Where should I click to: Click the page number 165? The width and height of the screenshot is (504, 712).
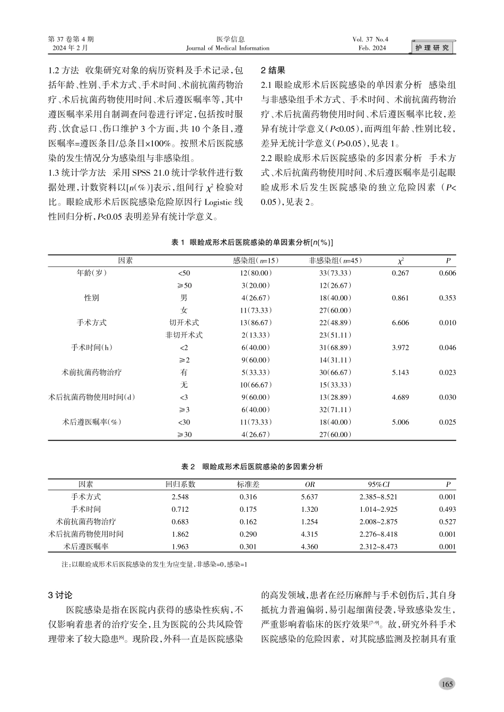coord(447,684)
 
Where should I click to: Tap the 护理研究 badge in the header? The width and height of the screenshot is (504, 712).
coord(432,48)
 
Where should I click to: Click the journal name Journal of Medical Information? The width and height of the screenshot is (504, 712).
coord(228,48)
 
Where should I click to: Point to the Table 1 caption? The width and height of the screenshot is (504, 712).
coord(252,242)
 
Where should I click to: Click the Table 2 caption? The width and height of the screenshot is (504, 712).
coord(252,467)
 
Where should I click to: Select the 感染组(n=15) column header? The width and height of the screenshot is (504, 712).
coord(256,261)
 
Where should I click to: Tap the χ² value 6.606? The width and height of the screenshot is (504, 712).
coord(400,323)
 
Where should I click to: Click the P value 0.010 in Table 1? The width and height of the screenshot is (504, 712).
coord(447,323)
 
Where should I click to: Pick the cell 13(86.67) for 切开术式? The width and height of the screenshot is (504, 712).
coord(256,323)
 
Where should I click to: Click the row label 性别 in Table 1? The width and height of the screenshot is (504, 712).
coord(92,298)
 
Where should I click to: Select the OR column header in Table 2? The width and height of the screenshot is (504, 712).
coord(309,484)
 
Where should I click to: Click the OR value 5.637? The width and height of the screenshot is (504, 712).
coord(309,497)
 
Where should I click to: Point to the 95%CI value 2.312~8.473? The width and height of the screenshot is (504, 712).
coord(378,547)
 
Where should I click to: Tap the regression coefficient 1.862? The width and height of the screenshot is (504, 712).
coord(180,534)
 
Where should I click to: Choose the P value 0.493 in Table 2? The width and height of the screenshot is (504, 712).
coord(447,509)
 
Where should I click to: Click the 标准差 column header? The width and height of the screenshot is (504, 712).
coord(248,484)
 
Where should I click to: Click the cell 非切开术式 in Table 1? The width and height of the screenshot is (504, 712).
coord(184,335)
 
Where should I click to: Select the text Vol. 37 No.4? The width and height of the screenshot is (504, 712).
coord(371,39)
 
